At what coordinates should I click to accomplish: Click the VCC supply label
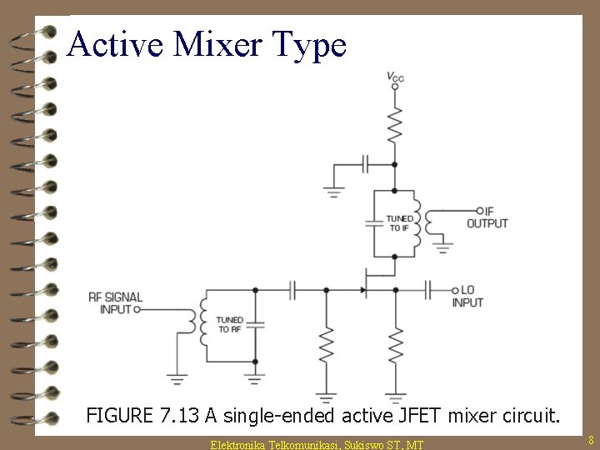396,77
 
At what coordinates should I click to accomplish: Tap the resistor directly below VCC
396,124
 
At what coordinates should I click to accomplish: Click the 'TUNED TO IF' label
397,222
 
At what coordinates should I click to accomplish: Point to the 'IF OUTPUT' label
487,217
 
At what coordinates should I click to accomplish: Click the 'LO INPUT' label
467,296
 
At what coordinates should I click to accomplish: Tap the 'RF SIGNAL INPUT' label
115,302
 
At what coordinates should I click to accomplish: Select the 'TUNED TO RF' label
229,324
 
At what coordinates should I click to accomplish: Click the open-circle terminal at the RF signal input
137,308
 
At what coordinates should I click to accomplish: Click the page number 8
590,439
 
